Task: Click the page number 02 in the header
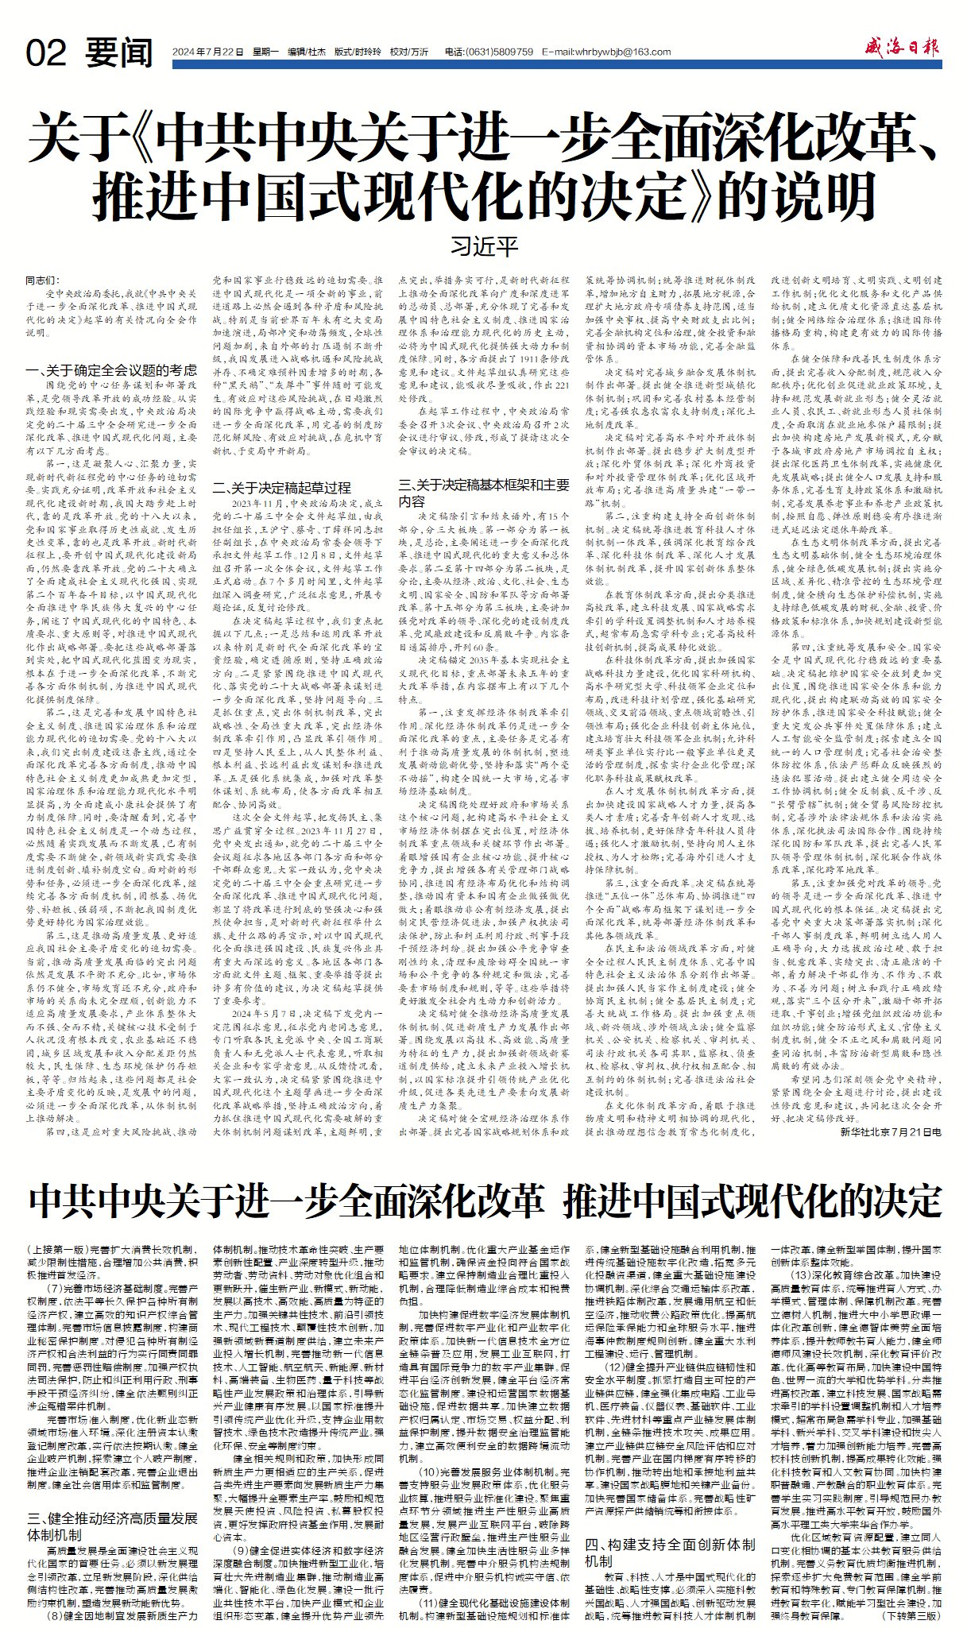click(x=46, y=52)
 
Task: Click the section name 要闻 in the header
click(x=118, y=52)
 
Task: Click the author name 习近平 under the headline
click(x=484, y=246)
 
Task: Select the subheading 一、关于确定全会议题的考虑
click(x=111, y=370)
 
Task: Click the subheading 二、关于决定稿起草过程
click(x=280, y=488)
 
